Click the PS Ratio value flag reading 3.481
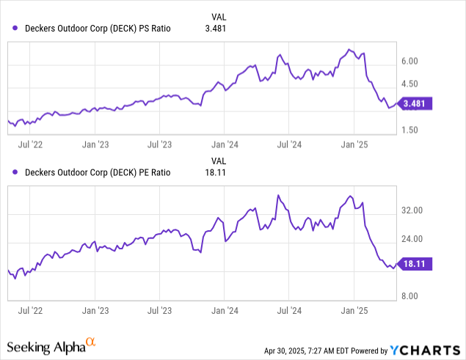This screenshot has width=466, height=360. (416, 103)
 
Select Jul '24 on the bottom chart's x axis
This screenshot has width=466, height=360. (289, 311)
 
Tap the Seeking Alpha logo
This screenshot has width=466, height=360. (51, 345)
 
